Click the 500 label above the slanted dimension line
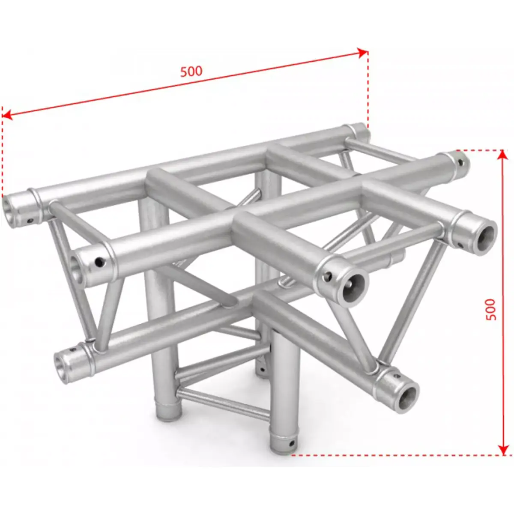pyautogui.click(x=191, y=71)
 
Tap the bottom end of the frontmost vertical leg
pyautogui.click(x=281, y=445)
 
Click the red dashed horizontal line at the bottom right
pyautogui.click(x=394, y=454)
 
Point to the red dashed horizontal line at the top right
pyautogui.click(x=480, y=150)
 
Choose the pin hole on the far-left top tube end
pyautogui.click(x=30, y=221)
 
